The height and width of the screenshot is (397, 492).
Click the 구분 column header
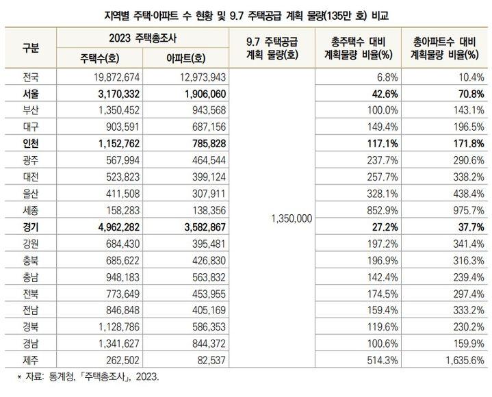click(30, 47)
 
